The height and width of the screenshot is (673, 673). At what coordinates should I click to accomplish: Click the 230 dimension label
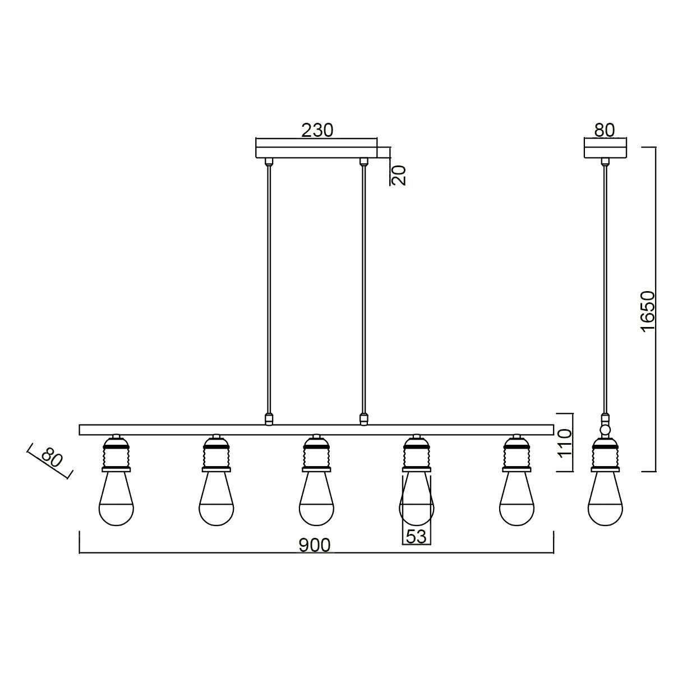(x=317, y=130)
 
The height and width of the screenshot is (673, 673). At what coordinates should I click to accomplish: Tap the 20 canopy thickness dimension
(x=399, y=175)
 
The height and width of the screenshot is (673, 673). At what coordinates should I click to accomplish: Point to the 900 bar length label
(x=314, y=545)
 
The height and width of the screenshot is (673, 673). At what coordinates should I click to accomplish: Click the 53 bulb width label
(x=416, y=537)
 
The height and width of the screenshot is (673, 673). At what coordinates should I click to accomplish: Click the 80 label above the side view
(x=604, y=130)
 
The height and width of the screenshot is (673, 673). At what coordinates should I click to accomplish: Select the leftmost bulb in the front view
(x=116, y=499)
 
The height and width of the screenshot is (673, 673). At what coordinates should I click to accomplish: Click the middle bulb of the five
(x=316, y=499)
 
